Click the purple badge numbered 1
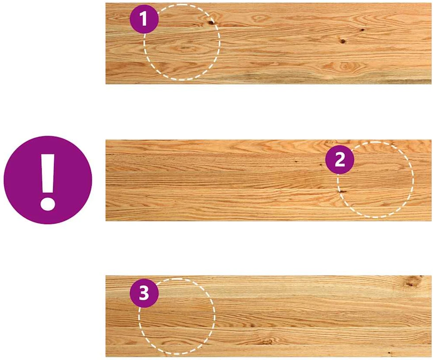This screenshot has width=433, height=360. (144, 19)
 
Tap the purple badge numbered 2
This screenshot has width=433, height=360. (340, 159)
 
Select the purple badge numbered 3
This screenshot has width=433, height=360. (144, 293)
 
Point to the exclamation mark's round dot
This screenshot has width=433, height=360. (48, 204)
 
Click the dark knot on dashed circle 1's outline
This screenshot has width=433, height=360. (211, 23)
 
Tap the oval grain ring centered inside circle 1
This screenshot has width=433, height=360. (184, 49)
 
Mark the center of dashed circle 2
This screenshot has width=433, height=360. (375, 180)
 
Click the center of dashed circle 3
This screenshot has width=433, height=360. (177, 316)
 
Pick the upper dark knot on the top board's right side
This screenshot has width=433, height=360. (362, 30)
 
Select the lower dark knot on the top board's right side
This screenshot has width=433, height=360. (343, 42)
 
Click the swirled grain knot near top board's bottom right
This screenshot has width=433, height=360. (344, 67)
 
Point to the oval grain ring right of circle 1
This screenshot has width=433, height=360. (259, 19)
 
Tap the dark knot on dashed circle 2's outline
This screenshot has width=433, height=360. (342, 191)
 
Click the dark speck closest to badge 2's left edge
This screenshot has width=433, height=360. (321, 165)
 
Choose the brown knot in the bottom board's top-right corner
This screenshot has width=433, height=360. (411, 282)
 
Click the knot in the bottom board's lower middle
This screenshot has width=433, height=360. (267, 343)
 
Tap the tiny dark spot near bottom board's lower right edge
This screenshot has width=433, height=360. (389, 353)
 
